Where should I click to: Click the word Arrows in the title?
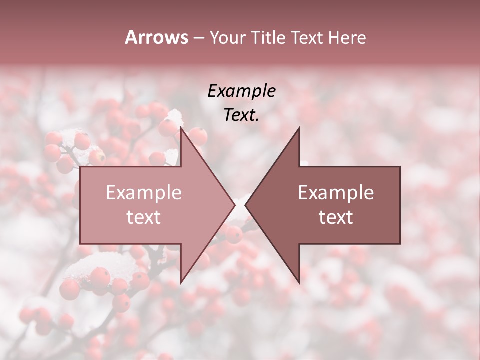click(156, 37)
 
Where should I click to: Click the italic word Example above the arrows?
click(241, 91)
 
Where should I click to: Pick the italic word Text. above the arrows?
click(241, 115)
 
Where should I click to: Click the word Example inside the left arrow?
click(143, 193)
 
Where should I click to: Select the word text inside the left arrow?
click(143, 217)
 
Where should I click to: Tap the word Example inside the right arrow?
click(336, 193)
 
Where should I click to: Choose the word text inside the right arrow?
click(336, 217)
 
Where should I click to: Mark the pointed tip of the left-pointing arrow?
click(245, 205)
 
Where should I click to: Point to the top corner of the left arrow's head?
click(181, 128)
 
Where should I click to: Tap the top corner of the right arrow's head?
click(299, 128)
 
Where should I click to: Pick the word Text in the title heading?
click(307, 37)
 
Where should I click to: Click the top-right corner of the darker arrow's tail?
click(400, 167)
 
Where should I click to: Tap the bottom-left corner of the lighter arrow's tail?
click(80, 243)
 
